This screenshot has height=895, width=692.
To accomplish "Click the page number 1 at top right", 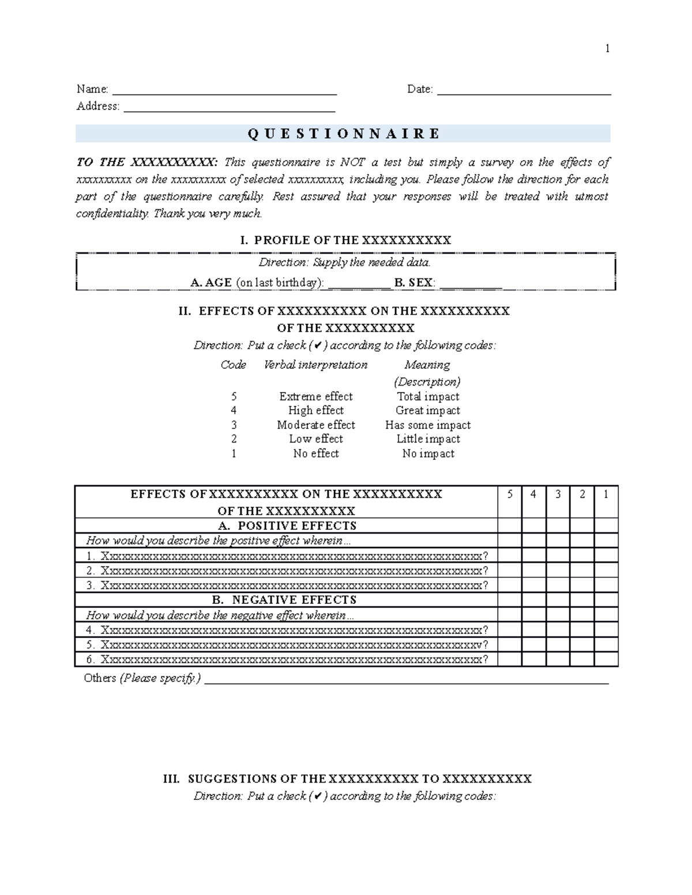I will (x=607, y=48).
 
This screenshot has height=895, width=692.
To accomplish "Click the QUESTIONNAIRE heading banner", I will (x=343, y=134).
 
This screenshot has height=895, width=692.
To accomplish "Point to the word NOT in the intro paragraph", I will (x=352, y=163).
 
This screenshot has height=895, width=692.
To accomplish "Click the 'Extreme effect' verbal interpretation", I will (x=315, y=396).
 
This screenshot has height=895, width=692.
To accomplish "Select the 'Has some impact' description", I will (x=427, y=425).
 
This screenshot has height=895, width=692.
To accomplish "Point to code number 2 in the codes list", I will (x=234, y=439).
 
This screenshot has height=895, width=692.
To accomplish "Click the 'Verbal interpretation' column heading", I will (x=315, y=365).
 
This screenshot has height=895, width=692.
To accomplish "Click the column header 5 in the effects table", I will (x=509, y=494).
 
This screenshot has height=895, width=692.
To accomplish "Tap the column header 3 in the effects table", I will (x=558, y=494).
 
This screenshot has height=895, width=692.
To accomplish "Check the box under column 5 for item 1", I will (x=509, y=556).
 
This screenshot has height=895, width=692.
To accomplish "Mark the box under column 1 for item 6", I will (x=605, y=659).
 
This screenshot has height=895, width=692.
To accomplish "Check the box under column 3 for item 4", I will (x=558, y=630).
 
